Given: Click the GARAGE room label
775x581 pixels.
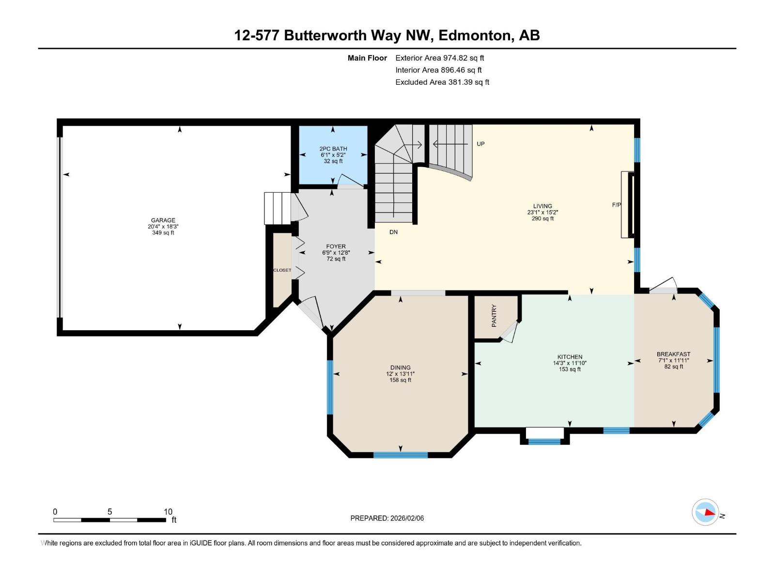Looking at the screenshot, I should (163, 220).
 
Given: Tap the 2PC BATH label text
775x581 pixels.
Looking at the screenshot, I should (333, 149).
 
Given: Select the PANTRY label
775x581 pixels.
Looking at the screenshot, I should (494, 316).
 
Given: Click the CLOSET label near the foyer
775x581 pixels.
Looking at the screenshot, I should (282, 270).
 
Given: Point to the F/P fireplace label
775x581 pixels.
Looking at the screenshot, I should (616, 205).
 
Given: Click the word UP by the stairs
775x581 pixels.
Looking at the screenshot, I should (480, 144).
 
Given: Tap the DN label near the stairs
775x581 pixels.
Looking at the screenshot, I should (393, 232).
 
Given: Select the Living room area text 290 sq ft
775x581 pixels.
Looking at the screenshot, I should (542, 218).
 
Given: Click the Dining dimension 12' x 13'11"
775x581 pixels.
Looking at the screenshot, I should (400, 374).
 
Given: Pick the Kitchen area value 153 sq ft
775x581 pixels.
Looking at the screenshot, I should (570, 369).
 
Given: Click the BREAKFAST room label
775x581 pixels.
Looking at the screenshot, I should (673, 354).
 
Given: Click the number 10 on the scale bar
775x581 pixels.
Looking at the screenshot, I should (168, 512).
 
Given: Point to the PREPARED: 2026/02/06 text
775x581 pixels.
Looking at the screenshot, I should (387, 518).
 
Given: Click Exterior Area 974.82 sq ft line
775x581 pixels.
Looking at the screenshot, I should (439, 58).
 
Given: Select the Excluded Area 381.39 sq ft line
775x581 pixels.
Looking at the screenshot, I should (442, 82).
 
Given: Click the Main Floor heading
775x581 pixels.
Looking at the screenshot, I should (367, 58).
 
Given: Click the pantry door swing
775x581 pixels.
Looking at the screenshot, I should (510, 333).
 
